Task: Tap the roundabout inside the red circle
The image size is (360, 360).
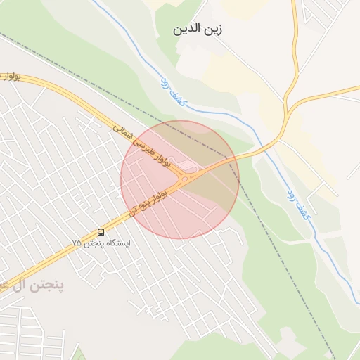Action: (x=185, y=179)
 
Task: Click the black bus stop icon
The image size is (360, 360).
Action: (x=101, y=231)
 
